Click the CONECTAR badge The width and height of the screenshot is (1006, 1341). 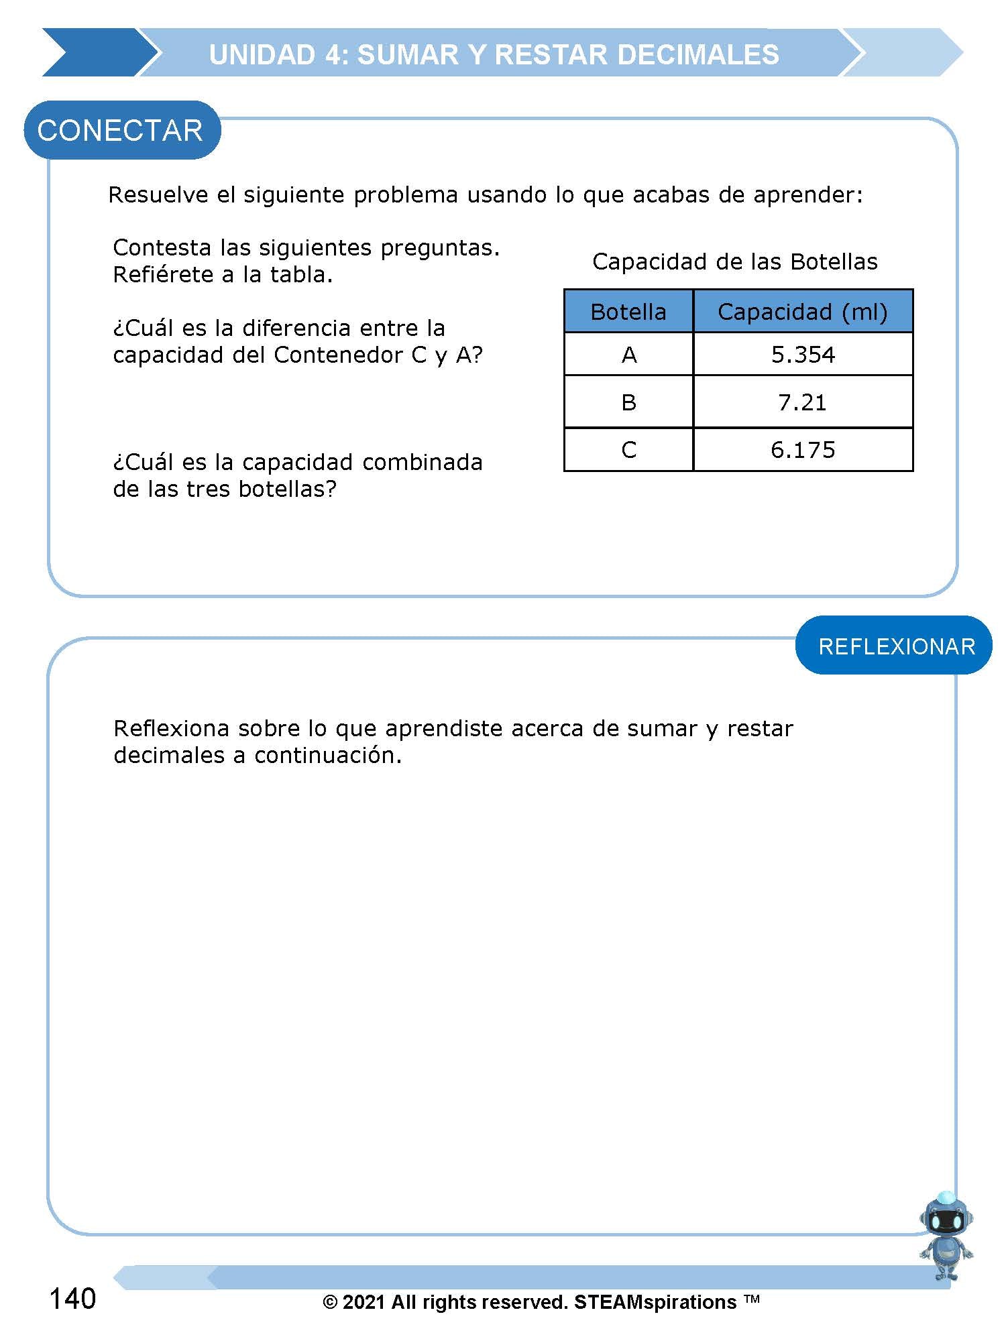click(121, 130)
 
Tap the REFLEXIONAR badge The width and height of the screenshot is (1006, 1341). click(896, 646)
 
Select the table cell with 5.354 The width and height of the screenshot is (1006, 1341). click(803, 355)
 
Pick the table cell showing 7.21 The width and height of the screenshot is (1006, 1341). click(803, 402)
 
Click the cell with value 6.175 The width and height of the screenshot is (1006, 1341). click(803, 450)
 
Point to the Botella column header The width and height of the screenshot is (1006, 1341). click(628, 312)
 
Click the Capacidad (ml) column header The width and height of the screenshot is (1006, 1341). click(803, 312)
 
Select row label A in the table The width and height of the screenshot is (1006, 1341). click(628, 355)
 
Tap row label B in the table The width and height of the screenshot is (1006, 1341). click(628, 402)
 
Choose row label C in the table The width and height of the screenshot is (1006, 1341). click(628, 450)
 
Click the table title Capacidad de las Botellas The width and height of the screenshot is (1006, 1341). click(734, 261)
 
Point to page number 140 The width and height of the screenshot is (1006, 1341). click(72, 1299)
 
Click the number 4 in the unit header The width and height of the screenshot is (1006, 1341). click(333, 55)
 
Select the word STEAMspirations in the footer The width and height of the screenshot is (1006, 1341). click(655, 1302)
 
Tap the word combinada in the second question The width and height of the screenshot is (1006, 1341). click(422, 463)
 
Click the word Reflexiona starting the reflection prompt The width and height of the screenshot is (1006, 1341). click(172, 728)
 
